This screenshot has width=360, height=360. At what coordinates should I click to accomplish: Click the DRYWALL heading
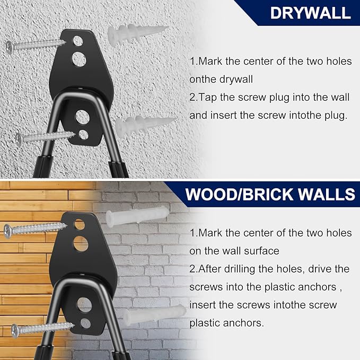click(x=310, y=13)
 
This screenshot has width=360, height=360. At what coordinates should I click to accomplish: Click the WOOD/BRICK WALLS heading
click(x=270, y=195)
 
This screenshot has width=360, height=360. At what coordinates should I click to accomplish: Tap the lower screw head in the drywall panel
click(x=19, y=139)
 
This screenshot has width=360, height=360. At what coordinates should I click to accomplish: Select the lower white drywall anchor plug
click(x=146, y=124)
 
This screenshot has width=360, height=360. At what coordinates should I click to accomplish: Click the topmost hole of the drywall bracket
click(x=78, y=41)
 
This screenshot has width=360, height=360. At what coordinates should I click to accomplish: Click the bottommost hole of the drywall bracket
click(x=83, y=135)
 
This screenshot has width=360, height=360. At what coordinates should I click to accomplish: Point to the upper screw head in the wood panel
click(x=7, y=231)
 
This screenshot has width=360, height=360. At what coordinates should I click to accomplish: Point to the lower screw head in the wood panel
click(x=15, y=331)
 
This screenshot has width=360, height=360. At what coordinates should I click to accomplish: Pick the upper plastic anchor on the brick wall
click(x=137, y=216)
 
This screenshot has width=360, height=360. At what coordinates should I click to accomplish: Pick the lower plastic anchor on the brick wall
click(x=154, y=314)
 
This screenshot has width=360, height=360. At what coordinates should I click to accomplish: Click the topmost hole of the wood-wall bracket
click(x=80, y=224)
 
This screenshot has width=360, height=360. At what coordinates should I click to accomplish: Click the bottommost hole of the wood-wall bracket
click(x=86, y=323)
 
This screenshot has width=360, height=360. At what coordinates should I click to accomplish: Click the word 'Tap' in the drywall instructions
click(x=208, y=98)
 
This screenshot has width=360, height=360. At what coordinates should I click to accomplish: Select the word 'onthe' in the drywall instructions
click(x=203, y=79)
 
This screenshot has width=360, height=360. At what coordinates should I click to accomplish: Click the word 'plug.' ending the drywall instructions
click(x=336, y=116)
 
